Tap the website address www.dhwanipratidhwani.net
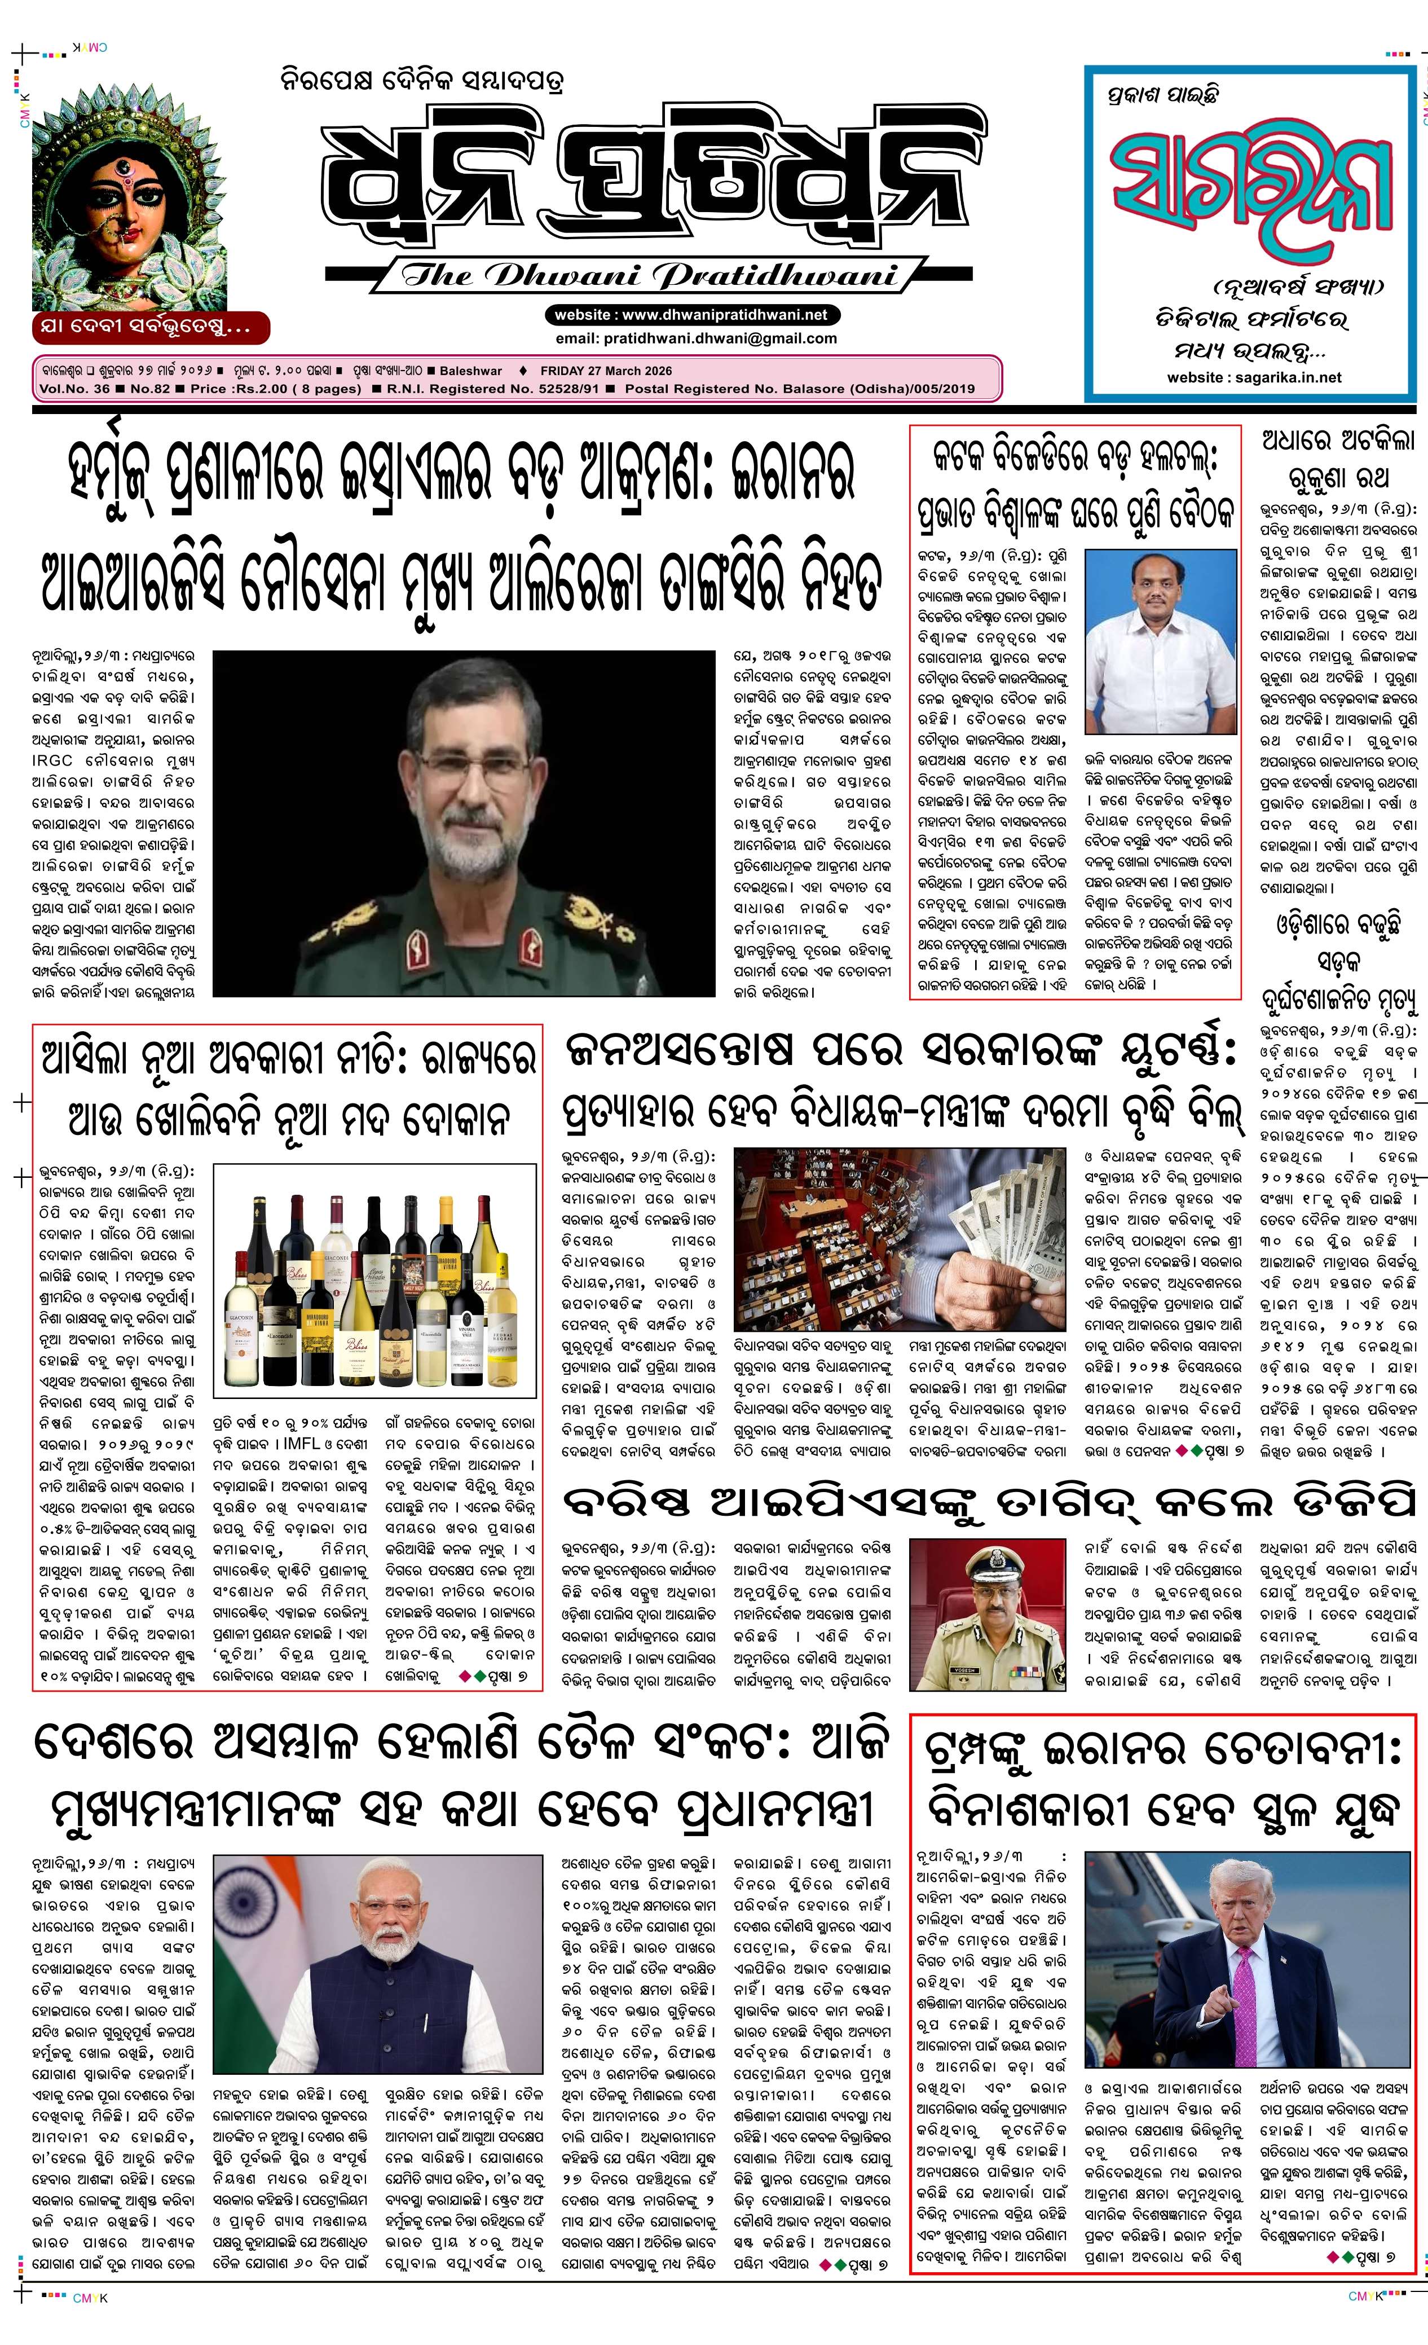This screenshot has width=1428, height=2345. click(x=691, y=315)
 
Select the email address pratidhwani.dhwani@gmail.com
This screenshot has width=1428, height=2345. click(x=695, y=338)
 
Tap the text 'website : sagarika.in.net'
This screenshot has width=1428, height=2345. click(x=1254, y=377)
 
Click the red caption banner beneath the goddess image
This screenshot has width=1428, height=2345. click(x=151, y=327)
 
